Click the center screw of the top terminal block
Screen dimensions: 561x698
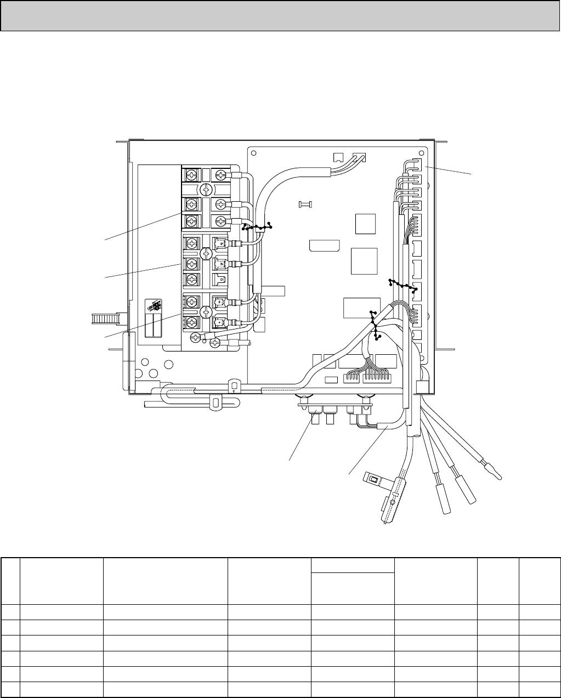[206, 189]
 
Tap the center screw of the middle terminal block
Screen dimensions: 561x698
[206, 253]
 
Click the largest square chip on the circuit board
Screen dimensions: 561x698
[365, 262]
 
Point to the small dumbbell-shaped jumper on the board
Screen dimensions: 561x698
[305, 205]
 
